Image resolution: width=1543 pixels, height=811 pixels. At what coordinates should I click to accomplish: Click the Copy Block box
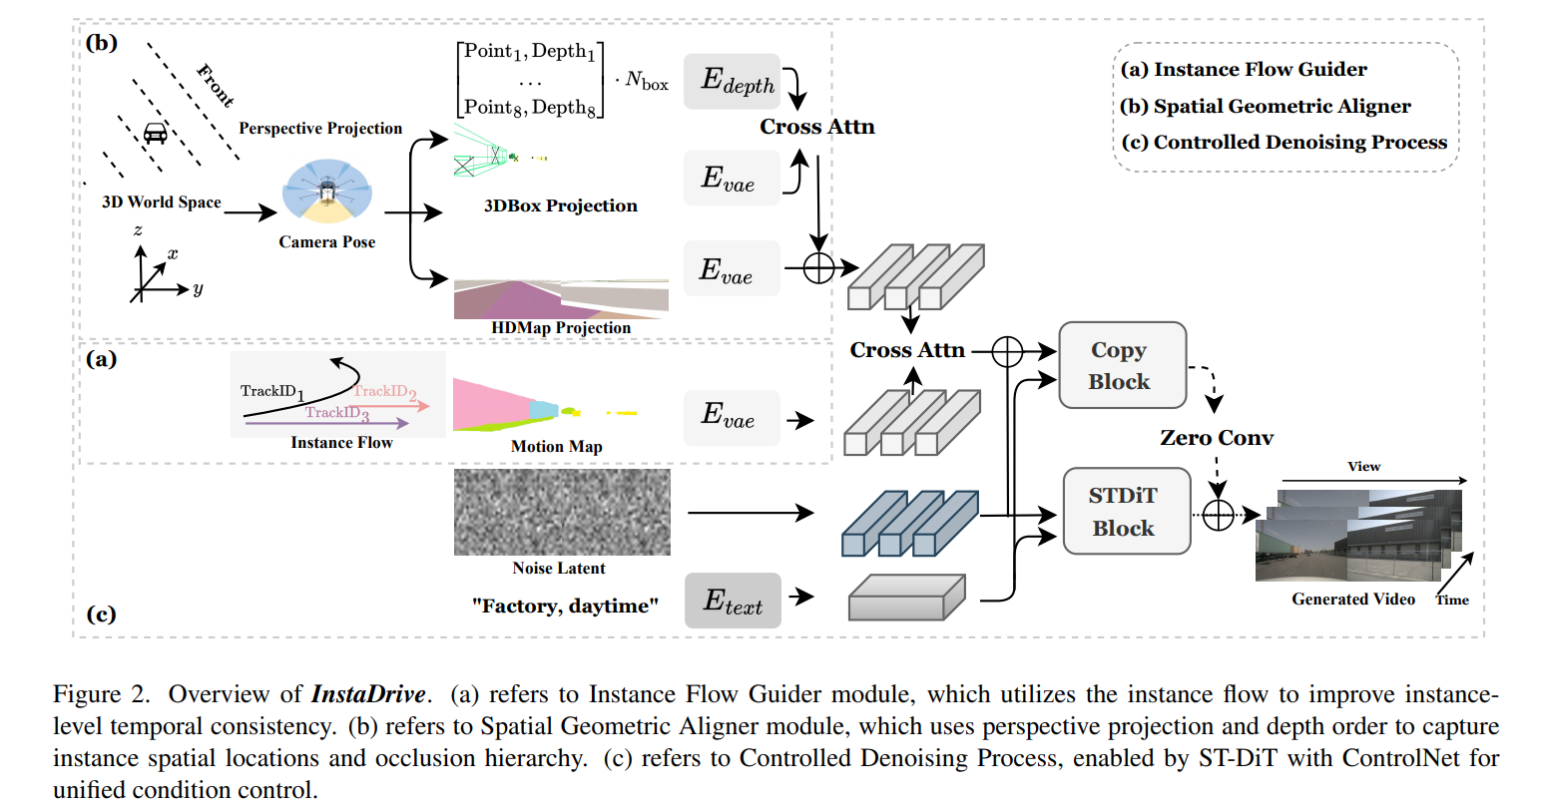coord(1122,365)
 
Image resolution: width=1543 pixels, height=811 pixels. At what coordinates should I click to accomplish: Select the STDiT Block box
coord(1126,512)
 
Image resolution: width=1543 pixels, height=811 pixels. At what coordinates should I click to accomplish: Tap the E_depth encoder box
coord(732,81)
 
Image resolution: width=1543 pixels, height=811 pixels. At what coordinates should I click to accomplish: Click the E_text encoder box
coord(733,601)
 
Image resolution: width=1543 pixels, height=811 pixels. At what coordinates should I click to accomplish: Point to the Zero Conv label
coord(1216,438)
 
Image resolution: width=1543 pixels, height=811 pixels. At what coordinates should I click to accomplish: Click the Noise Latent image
coord(562,512)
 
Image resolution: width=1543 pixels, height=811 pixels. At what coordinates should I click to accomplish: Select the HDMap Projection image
coord(561,299)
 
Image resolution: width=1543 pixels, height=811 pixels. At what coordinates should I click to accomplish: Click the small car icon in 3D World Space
coord(155,133)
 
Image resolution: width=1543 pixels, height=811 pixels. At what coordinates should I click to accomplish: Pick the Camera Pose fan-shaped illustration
coord(327,192)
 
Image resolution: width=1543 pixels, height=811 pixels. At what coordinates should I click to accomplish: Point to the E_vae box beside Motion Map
coord(732,417)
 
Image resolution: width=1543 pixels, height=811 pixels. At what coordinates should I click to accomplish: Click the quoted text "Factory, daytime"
coord(565,606)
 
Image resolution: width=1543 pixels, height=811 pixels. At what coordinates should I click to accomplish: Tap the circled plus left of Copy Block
coord(1007,351)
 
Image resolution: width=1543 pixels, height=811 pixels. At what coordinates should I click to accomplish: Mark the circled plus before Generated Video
coord(1218,515)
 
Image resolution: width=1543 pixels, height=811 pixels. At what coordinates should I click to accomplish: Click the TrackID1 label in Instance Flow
coord(271,392)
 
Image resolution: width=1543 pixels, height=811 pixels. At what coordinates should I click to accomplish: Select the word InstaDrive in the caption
coord(368,694)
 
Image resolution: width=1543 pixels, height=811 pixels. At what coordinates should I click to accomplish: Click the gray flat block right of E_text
coord(905,597)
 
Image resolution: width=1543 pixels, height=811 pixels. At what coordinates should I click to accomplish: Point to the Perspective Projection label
coord(320,128)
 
